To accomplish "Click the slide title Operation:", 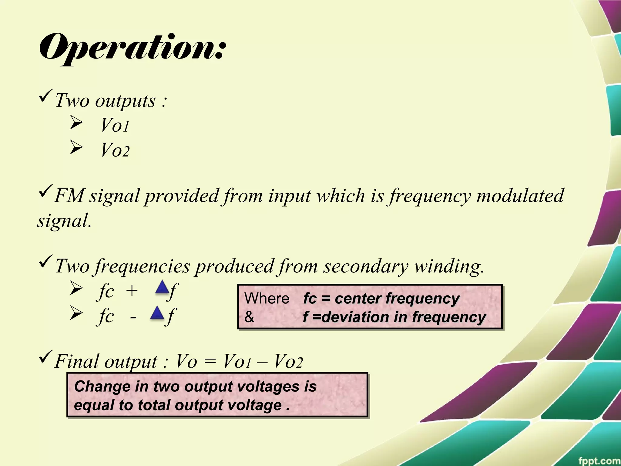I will click(133, 49).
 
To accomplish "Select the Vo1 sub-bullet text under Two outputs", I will click(115, 125).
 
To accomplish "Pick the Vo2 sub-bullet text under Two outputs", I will click(115, 150).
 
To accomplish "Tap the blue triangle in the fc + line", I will click(162, 287).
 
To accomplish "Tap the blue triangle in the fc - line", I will click(157, 313).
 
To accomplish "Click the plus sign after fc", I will click(132, 291).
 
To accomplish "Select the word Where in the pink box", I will click(267, 299).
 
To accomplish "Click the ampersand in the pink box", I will click(249, 317).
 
